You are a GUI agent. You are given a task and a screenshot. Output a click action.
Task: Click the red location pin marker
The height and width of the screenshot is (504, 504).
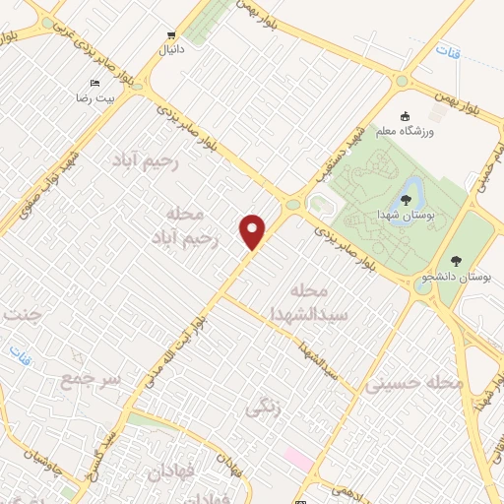click(x=253, y=231)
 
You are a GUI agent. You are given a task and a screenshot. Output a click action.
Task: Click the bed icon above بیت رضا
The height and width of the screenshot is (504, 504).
click(x=94, y=83)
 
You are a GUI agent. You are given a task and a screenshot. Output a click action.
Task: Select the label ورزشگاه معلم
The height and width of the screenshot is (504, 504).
click(x=402, y=130)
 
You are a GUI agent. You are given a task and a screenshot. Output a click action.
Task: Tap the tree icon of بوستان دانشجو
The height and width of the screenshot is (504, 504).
click(x=455, y=261)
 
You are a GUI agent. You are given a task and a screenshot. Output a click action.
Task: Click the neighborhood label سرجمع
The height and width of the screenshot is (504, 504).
click(x=90, y=378)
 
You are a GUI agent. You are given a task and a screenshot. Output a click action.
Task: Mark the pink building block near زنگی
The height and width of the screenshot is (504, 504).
click(x=298, y=459)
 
